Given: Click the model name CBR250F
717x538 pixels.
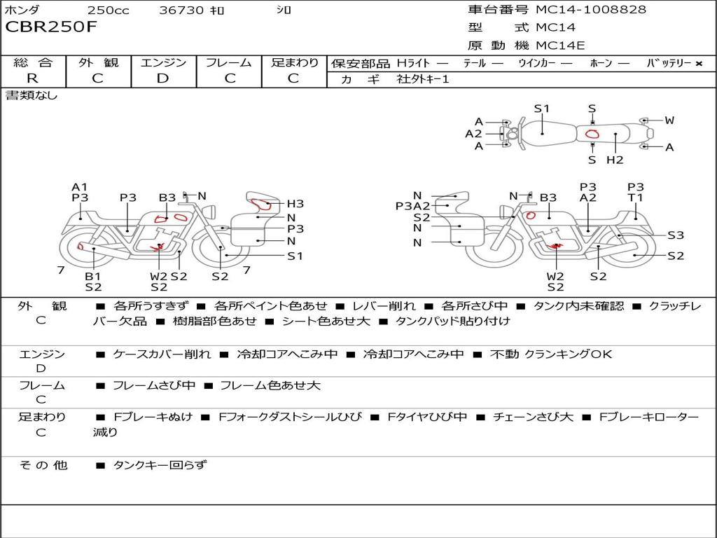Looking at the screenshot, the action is pyautogui.click(x=51, y=27).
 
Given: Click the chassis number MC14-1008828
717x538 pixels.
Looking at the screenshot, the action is pyautogui.click(x=591, y=10).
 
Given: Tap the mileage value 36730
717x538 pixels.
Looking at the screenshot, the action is pyautogui.click(x=181, y=11).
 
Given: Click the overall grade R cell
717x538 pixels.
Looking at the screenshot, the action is pyautogui.click(x=32, y=78).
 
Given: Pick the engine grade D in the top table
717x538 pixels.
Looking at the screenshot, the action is pyautogui.click(x=163, y=78).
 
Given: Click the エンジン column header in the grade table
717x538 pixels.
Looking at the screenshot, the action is pyautogui.click(x=163, y=63).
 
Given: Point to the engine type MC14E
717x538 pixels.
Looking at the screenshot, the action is pyautogui.click(x=560, y=46).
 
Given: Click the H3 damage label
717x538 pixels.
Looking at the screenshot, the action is pyautogui.click(x=295, y=204).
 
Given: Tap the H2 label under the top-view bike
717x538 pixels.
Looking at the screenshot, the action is pyautogui.click(x=614, y=160).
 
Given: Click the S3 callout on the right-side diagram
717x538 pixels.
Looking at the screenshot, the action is pyautogui.click(x=675, y=235).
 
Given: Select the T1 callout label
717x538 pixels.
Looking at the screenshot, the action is pyautogui.click(x=635, y=198).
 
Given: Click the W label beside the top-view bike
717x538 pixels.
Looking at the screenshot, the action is pyautogui.click(x=669, y=120).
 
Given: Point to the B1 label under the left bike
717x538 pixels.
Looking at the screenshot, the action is pyautogui.click(x=93, y=276).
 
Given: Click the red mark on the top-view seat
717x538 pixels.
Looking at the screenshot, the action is pyautogui.click(x=592, y=134).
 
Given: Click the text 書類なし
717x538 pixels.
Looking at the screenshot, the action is pyautogui.click(x=32, y=95).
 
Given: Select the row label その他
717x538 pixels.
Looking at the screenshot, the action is pyautogui.click(x=42, y=465).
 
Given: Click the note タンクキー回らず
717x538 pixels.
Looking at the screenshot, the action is pyautogui.click(x=160, y=465).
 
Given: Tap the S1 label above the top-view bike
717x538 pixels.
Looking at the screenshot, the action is pyautogui.click(x=541, y=109).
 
